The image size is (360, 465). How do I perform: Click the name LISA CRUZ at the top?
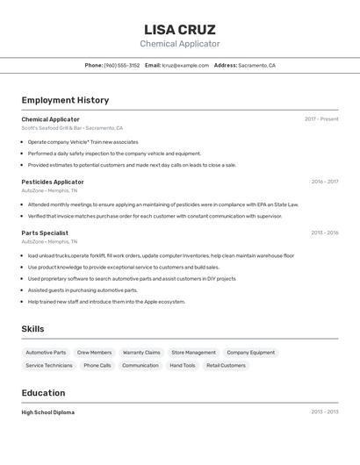coord(179,29)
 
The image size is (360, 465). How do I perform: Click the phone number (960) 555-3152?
coord(122,65)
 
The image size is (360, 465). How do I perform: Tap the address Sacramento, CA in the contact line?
coord(256,65)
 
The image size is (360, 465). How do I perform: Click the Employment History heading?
coord(65,100)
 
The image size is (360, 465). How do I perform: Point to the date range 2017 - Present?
coord(321,119)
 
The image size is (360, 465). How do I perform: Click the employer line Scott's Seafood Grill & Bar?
coord(72,128)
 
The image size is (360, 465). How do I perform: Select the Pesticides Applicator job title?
coord(53,182)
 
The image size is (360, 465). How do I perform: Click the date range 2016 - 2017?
coord(324,182)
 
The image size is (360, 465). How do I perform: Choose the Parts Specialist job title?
coord(45,232)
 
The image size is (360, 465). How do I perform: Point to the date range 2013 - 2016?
coord(324,232)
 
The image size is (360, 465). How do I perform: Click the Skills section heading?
coord(33,329)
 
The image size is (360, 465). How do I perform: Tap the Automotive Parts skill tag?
coord(46,353)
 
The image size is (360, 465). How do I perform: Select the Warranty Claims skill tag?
coord(141,353)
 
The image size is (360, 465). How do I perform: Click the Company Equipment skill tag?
coord(250,353)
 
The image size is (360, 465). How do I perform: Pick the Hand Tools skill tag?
coord(183,365)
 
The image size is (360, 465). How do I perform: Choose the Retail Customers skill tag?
coord(226,365)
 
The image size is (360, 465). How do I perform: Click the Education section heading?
coord(43,393)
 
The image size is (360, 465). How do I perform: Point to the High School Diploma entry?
coord(48,412)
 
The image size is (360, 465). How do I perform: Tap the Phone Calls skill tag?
coord(97,365)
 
